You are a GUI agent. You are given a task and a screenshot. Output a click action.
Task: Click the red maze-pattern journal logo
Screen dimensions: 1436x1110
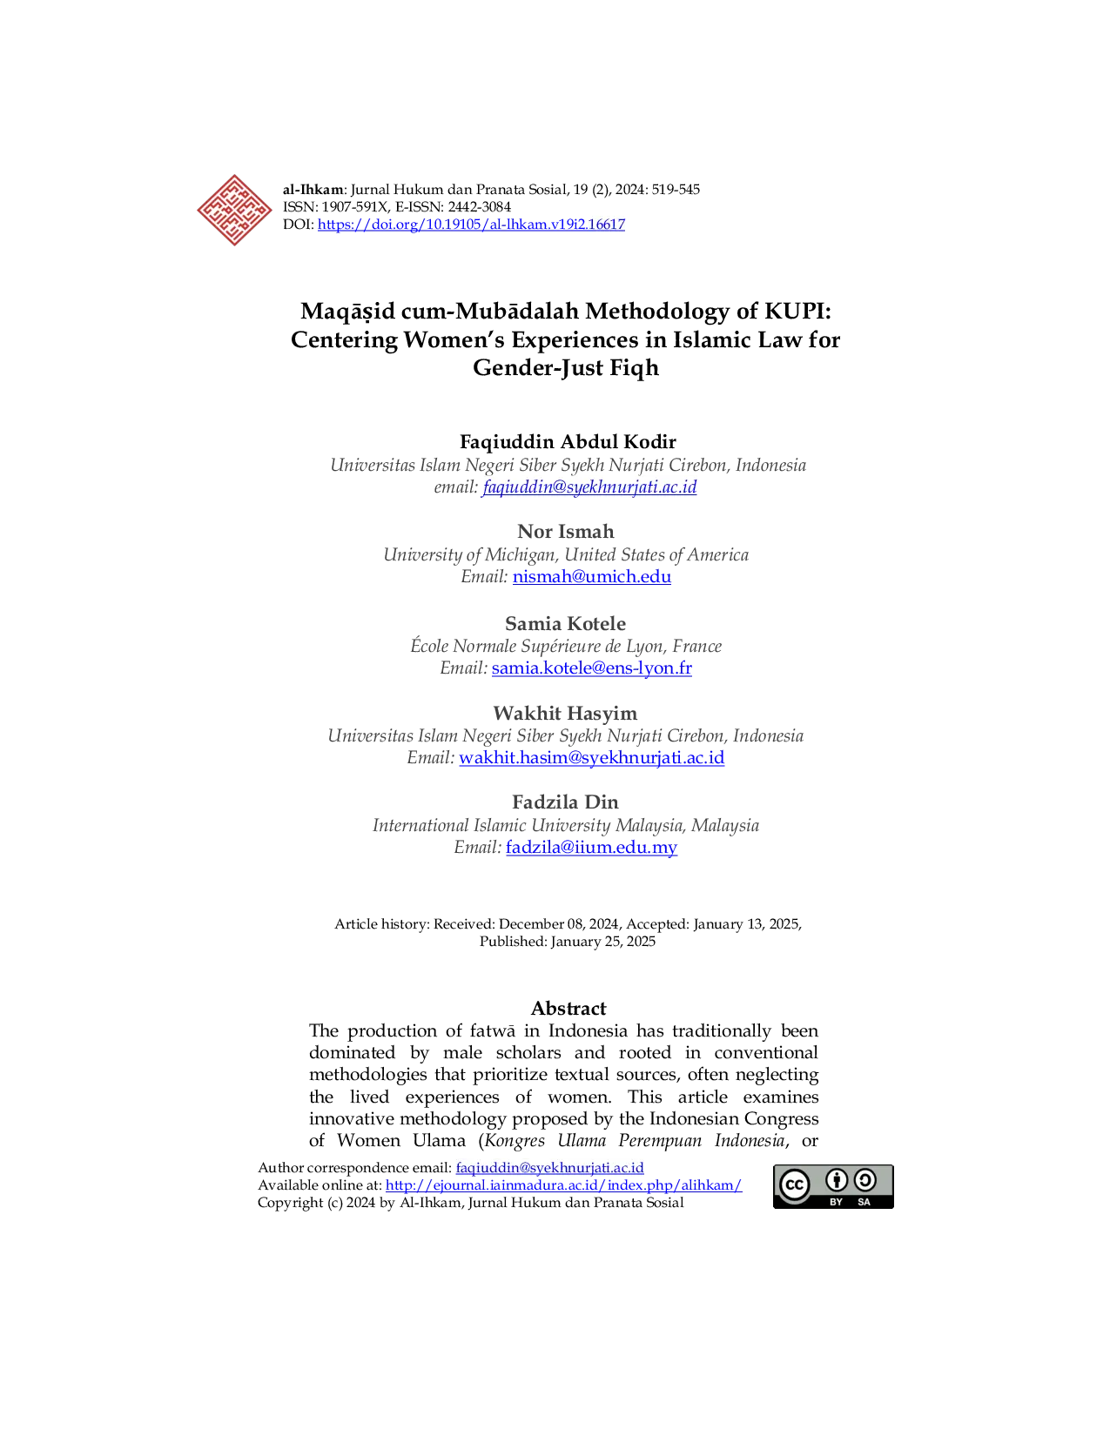(232, 211)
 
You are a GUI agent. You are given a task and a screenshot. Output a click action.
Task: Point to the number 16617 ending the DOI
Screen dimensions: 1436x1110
(607, 225)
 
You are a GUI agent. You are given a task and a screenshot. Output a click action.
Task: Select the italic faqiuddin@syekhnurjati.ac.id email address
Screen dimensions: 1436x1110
(589, 487)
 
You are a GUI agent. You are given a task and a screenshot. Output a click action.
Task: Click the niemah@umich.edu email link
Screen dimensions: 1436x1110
(591, 576)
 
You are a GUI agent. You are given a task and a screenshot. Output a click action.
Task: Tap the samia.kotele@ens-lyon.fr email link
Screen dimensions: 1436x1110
(592, 668)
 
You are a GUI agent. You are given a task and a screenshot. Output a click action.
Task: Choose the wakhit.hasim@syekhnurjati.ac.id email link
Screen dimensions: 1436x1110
(592, 758)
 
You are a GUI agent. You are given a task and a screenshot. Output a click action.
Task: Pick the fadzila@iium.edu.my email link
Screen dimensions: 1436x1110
(591, 848)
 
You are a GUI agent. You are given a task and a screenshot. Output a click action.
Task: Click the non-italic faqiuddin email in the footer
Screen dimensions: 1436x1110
(549, 1168)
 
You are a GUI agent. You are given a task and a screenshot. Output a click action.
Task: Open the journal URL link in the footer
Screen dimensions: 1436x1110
(563, 1186)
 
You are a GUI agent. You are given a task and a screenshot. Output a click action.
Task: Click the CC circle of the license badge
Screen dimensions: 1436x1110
(794, 1185)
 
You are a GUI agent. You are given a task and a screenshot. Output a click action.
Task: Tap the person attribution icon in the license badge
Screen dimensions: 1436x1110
(837, 1180)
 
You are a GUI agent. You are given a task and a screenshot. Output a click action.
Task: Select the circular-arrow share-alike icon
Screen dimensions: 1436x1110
(864, 1180)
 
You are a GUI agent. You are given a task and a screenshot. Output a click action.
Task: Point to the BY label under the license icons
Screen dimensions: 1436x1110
(837, 1202)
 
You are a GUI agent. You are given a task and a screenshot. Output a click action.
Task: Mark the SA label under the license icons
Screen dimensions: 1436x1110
(864, 1202)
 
